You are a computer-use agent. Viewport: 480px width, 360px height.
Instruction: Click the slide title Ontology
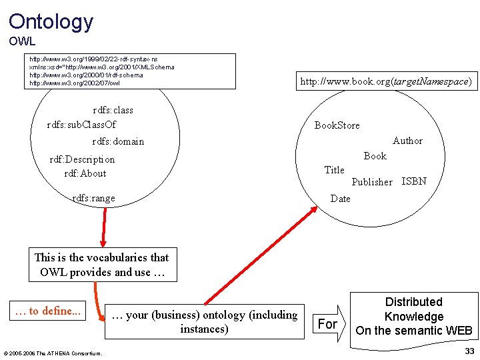[x=51, y=21]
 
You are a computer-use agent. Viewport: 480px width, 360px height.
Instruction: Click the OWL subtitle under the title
[x=22, y=41]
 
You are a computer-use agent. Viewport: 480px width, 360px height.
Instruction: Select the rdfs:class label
[x=113, y=110]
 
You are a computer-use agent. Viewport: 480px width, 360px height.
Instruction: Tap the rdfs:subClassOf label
[x=81, y=125]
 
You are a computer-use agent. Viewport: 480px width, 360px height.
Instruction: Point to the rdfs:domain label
[x=118, y=141]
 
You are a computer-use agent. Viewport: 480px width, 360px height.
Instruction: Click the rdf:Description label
[x=82, y=159]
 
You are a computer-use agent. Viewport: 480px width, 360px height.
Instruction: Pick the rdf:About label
[x=85, y=173]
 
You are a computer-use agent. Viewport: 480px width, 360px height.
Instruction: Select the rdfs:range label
[x=93, y=198]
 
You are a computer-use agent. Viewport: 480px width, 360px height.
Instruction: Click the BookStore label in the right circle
[x=337, y=125]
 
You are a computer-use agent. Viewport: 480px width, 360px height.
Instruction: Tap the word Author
[x=407, y=141]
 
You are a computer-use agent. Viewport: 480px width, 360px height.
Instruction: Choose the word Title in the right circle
[x=334, y=170]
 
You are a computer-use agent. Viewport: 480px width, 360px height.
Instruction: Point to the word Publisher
[x=371, y=182]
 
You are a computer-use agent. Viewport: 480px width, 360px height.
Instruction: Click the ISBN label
[x=414, y=181]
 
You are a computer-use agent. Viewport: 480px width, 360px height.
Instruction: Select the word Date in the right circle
[x=340, y=198]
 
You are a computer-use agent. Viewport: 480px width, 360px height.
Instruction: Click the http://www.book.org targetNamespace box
[x=386, y=81]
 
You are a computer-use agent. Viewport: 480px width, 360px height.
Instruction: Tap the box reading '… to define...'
[x=47, y=311]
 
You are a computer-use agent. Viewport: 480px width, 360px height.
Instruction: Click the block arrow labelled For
[x=330, y=323]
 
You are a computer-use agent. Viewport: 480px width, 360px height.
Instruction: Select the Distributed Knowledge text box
[x=414, y=316]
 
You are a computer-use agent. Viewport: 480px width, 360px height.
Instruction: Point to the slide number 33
[x=469, y=351]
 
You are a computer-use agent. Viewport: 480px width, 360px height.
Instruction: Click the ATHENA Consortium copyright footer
[x=53, y=353]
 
